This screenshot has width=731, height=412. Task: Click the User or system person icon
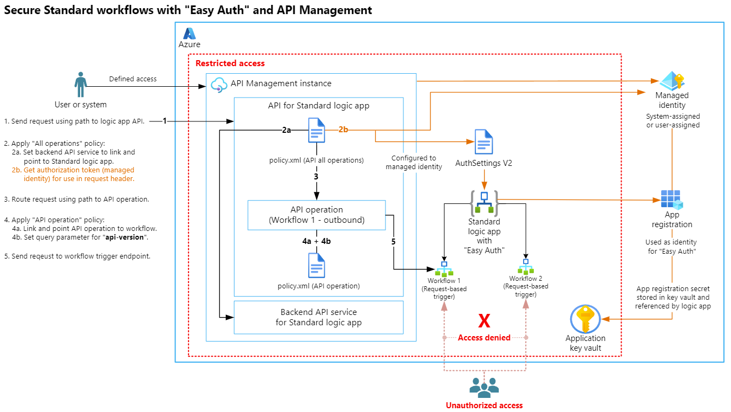click(81, 86)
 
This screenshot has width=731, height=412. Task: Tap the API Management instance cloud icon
click(219, 84)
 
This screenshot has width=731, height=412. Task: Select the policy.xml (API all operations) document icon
click(316, 130)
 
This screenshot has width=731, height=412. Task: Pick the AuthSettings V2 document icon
click(484, 142)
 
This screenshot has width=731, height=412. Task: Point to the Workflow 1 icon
click(444, 269)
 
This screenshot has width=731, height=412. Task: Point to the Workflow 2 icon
click(525, 266)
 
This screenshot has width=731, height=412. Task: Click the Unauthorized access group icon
click(484, 386)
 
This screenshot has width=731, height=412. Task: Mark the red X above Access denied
click(484, 321)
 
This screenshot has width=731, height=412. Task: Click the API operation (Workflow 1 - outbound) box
click(316, 215)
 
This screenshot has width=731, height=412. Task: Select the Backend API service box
click(318, 317)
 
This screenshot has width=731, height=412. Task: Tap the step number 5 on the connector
click(394, 242)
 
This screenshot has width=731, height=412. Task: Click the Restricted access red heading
click(230, 63)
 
